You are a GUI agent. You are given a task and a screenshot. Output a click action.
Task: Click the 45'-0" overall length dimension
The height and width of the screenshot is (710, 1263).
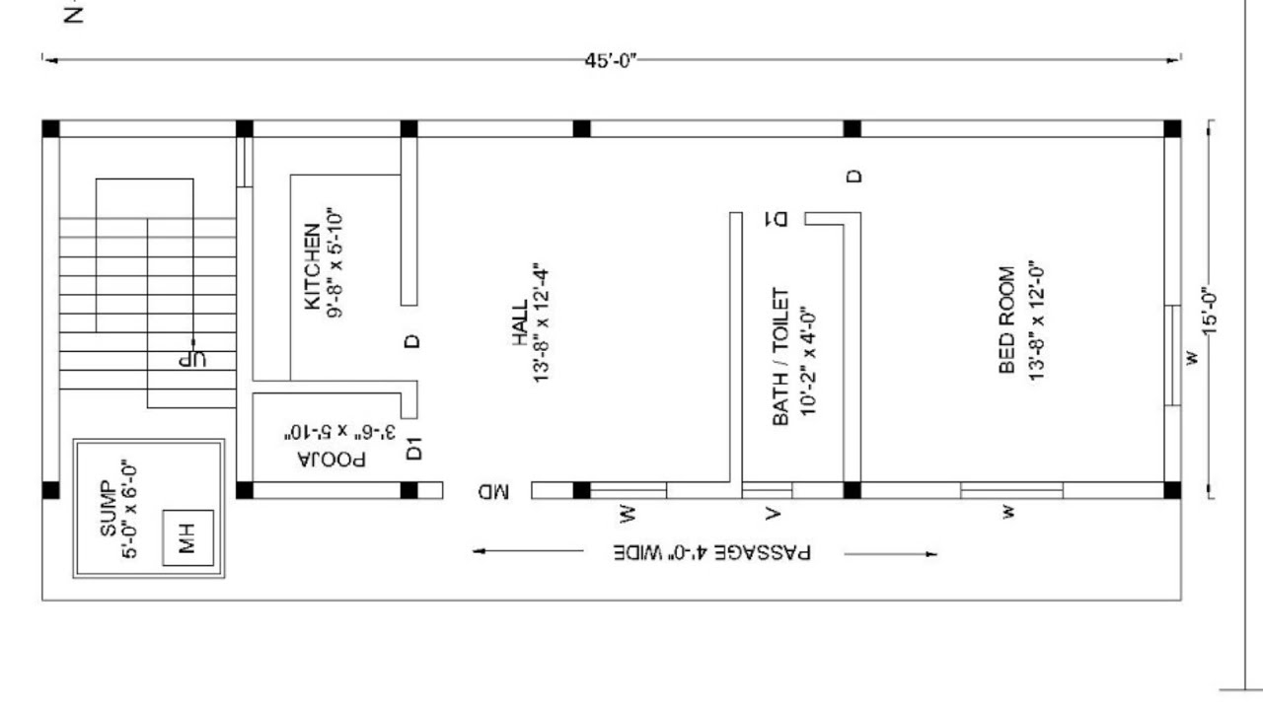tap(611, 60)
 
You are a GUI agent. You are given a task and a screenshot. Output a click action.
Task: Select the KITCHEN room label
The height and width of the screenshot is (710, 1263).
tap(312, 266)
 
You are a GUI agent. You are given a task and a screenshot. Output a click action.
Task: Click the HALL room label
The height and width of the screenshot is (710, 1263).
tap(520, 321)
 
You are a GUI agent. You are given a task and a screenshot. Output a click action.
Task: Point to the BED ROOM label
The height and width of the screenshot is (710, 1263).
tap(1006, 319)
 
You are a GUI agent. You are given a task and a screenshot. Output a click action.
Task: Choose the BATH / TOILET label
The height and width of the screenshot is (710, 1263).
tap(780, 357)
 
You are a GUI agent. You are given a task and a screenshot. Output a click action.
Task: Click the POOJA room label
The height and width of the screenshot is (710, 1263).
tap(332, 460)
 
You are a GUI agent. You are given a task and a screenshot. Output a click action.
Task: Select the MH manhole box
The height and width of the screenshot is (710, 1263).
tap(187, 537)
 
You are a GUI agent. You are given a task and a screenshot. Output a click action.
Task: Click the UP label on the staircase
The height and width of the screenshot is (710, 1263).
tap(192, 359)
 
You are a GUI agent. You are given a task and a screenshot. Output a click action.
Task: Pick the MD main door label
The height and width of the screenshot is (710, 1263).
tap(493, 491)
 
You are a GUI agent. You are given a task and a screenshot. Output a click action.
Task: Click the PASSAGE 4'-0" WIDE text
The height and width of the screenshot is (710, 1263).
tap(712, 553)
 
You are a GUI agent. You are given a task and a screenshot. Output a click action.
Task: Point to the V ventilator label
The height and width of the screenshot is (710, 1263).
tap(773, 513)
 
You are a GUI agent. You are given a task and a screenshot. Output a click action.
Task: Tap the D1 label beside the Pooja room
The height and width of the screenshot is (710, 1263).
tap(413, 448)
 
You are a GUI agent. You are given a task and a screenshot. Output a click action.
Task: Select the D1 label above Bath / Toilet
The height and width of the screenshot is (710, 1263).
tap(776, 219)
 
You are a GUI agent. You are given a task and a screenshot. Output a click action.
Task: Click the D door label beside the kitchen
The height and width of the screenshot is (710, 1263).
tap(412, 341)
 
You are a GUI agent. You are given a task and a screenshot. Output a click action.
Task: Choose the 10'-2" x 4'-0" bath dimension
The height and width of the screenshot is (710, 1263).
tap(807, 361)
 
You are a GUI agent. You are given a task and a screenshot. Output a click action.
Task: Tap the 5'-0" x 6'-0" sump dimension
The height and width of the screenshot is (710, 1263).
tap(129, 511)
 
